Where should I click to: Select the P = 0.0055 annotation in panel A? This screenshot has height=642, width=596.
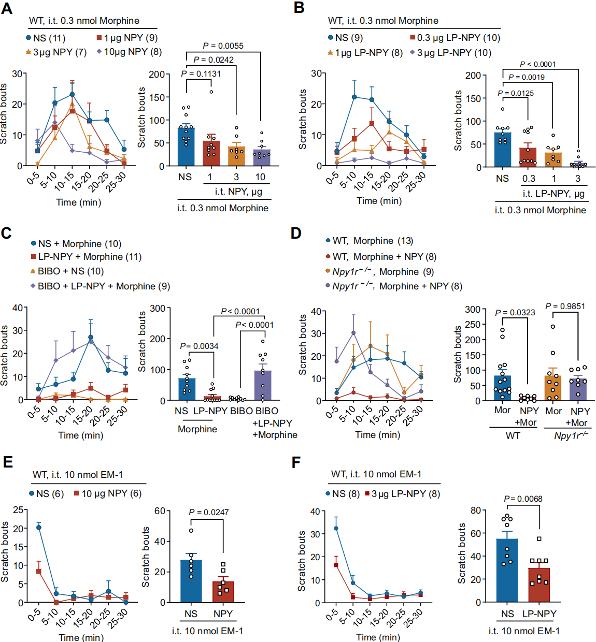coord(223,46)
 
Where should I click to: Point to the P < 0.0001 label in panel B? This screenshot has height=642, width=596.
coord(537,64)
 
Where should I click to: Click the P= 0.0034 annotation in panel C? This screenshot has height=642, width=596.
coord(199,346)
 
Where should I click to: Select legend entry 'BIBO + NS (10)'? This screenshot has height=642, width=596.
coord(70,271)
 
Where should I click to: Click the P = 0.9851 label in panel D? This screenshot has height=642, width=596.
coord(565,306)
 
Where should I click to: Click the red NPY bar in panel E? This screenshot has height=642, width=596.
coord(223,592)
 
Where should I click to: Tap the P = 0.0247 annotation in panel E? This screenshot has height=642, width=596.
coord(208,512)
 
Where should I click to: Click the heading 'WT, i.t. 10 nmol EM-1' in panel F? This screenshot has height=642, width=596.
coord(376,474)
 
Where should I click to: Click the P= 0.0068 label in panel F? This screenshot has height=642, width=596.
coord(523,499)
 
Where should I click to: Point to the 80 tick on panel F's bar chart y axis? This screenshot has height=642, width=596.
coord(476,510)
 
